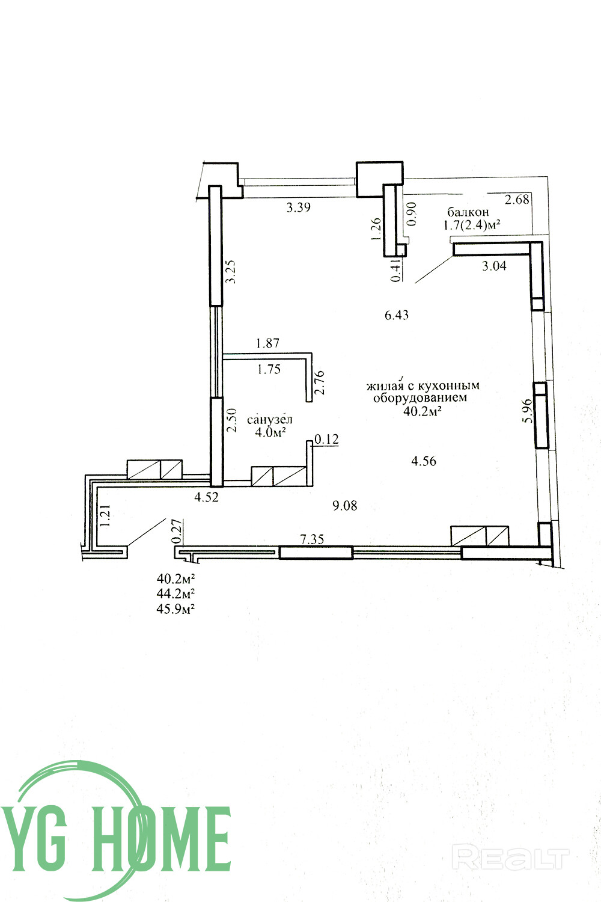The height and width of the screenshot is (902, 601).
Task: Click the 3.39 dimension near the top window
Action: [x=298, y=207]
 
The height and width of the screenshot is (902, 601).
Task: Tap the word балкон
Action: [x=468, y=212]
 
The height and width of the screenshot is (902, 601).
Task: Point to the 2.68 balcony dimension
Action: [x=517, y=199]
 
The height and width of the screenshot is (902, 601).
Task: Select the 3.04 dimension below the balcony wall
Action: [x=495, y=266]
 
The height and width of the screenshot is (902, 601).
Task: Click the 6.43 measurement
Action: [x=397, y=315]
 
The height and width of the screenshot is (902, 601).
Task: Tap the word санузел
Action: [x=270, y=420]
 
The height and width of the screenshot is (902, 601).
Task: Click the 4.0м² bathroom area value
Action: [x=270, y=432]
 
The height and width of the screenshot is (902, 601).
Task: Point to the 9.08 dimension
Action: [x=345, y=505]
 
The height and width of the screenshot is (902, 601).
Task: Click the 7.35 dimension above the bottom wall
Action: [x=313, y=539]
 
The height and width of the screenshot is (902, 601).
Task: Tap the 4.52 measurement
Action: [x=207, y=497]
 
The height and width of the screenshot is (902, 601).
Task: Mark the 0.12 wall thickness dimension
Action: [x=326, y=439]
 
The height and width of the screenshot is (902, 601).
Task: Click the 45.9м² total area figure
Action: [x=176, y=609]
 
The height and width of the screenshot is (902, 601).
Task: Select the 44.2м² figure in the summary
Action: [x=176, y=594]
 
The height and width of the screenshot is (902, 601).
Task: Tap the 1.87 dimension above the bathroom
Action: [x=267, y=343]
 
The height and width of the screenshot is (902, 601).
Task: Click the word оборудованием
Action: [x=420, y=398]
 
